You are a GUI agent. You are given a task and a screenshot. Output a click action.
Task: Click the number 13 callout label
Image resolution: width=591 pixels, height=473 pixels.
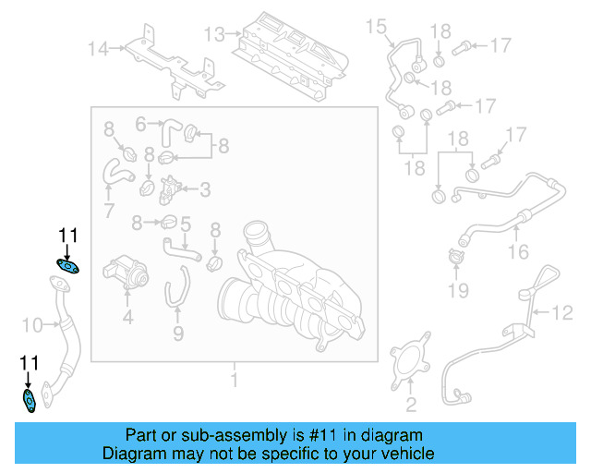(x=214, y=34)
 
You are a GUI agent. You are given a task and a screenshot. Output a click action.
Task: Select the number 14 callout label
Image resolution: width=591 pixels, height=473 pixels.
(x=98, y=49)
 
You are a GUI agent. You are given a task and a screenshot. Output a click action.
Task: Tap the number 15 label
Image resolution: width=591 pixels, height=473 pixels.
(x=376, y=27)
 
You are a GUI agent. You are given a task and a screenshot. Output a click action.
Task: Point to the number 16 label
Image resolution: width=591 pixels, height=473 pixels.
(x=519, y=251)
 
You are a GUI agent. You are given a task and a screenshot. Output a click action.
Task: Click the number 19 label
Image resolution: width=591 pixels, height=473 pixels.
(x=458, y=290)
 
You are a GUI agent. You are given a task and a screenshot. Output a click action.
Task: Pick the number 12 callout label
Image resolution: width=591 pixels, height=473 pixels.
(x=562, y=312)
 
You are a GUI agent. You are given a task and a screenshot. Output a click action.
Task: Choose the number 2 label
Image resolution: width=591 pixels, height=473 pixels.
(x=411, y=405)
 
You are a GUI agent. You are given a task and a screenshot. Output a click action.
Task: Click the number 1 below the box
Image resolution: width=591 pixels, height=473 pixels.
(x=234, y=380)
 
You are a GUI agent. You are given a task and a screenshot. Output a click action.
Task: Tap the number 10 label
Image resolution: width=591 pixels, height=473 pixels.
(x=32, y=325)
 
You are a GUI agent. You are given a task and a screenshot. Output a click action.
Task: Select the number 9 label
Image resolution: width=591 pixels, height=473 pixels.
(x=178, y=334)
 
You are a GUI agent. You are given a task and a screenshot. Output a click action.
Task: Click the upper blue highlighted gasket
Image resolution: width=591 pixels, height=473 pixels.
(x=67, y=266)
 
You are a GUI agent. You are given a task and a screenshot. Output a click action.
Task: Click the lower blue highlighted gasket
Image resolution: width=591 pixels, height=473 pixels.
(x=29, y=401)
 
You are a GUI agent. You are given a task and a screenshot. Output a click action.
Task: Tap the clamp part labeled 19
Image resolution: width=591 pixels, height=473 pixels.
(x=456, y=256)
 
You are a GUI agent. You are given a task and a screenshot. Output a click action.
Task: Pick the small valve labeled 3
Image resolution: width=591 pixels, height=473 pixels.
(x=168, y=190)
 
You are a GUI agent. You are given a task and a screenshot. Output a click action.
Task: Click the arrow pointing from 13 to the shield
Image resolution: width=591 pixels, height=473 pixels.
(x=234, y=33)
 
